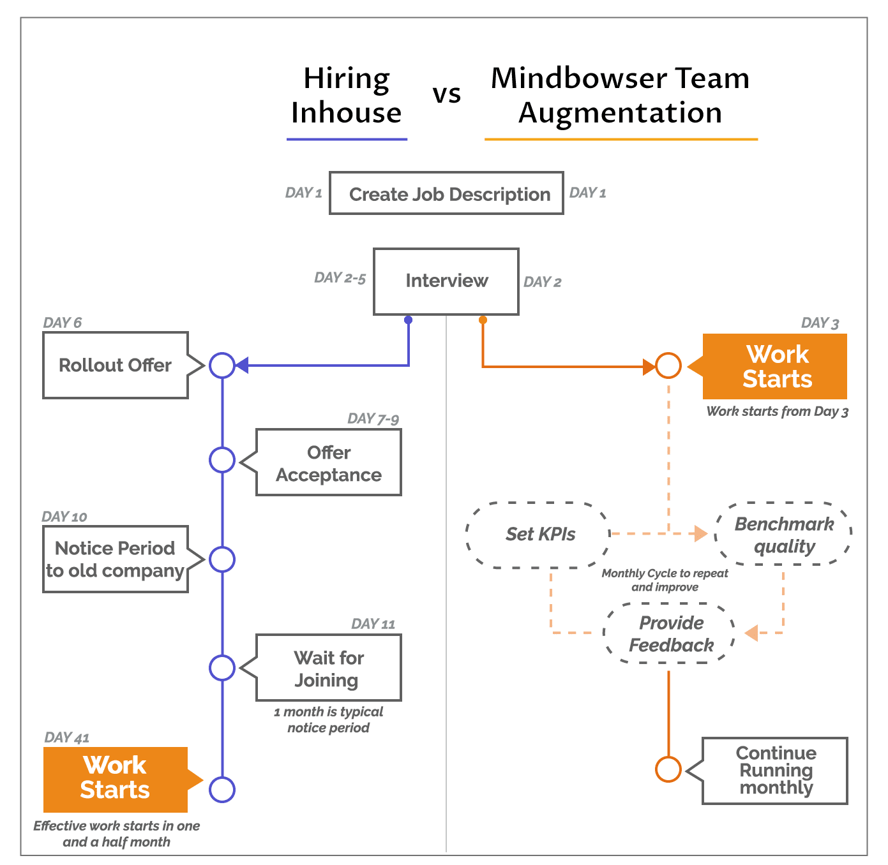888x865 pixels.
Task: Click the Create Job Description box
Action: click(446, 193)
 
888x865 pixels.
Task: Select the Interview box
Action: click(446, 281)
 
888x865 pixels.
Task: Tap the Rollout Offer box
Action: click(116, 366)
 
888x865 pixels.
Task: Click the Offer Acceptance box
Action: click(329, 462)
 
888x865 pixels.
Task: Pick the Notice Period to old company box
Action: click(116, 559)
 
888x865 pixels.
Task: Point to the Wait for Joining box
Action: click(329, 668)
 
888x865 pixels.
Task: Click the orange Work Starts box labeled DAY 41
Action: click(116, 779)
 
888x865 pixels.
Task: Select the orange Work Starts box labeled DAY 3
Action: click(775, 367)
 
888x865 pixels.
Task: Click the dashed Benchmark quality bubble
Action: click(783, 535)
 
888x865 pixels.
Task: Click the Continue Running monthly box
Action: click(775, 771)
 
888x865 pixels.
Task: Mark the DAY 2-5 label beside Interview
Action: click(340, 278)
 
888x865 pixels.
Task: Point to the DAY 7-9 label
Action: click(373, 419)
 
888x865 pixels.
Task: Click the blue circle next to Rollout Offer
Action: click(222, 366)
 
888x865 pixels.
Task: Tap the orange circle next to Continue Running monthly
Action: click(668, 769)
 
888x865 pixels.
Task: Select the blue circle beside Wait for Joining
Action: click(222, 668)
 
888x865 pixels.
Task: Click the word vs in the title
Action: click(447, 94)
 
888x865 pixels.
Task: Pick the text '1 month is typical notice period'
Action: click(328, 720)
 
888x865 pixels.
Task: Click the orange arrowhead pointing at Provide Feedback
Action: click(751, 633)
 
